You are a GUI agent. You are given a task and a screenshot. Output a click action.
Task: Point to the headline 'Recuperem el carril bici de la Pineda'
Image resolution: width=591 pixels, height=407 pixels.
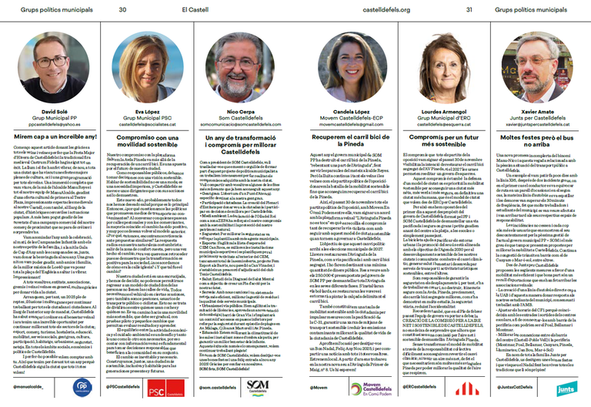pos(344,141)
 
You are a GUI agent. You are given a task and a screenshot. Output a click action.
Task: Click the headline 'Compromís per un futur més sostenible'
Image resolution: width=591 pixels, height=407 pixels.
pos(442,141)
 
